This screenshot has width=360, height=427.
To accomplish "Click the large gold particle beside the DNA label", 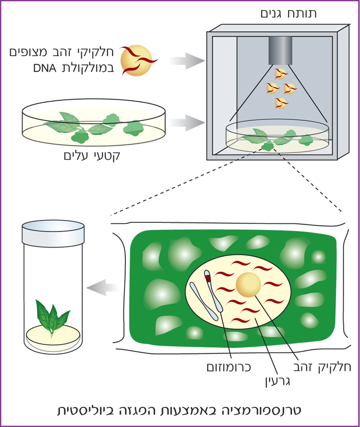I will point(136,60).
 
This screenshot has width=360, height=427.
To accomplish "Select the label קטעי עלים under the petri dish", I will point(95,155).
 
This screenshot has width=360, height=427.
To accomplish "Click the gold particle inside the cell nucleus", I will point(249,285).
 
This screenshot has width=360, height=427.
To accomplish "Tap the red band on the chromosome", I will point(208,279).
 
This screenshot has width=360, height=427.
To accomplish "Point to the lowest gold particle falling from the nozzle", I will point(281,102).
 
